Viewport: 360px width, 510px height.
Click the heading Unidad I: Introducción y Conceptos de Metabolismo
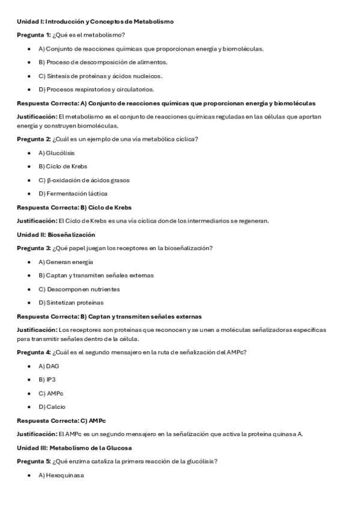click(95, 22)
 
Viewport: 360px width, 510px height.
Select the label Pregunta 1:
click(34, 35)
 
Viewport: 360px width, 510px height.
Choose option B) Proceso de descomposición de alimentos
click(103, 62)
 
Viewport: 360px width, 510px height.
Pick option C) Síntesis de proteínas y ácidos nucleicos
click(100, 76)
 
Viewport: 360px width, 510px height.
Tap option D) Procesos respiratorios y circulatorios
click(96, 90)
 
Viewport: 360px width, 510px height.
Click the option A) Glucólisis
click(56, 153)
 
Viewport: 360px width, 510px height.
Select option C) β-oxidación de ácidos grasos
click(84, 180)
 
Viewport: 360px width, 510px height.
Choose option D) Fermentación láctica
click(73, 194)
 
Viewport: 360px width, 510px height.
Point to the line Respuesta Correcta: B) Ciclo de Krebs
click(74, 207)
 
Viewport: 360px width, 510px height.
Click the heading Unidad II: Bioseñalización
click(55, 235)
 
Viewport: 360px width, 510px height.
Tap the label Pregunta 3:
click(34, 248)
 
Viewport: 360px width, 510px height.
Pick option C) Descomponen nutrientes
click(75, 289)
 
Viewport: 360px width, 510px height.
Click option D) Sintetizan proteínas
click(71, 303)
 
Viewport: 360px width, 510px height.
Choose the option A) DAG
click(49, 366)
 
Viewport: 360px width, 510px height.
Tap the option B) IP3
click(47, 379)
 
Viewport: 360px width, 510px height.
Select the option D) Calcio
click(52, 407)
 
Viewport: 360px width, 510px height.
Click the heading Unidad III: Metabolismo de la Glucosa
click(74, 448)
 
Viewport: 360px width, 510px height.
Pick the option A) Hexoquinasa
click(61, 475)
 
